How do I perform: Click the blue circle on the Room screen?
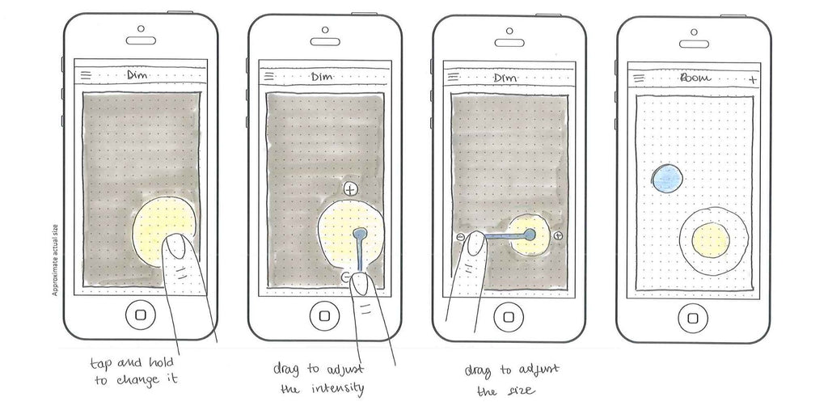pos(669,178)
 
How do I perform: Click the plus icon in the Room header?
pos(752,79)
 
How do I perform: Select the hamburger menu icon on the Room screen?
pos(639,78)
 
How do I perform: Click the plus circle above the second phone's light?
pos(349,189)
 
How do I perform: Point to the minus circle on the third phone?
pos(460,236)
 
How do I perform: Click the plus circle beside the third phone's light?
pos(558,235)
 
